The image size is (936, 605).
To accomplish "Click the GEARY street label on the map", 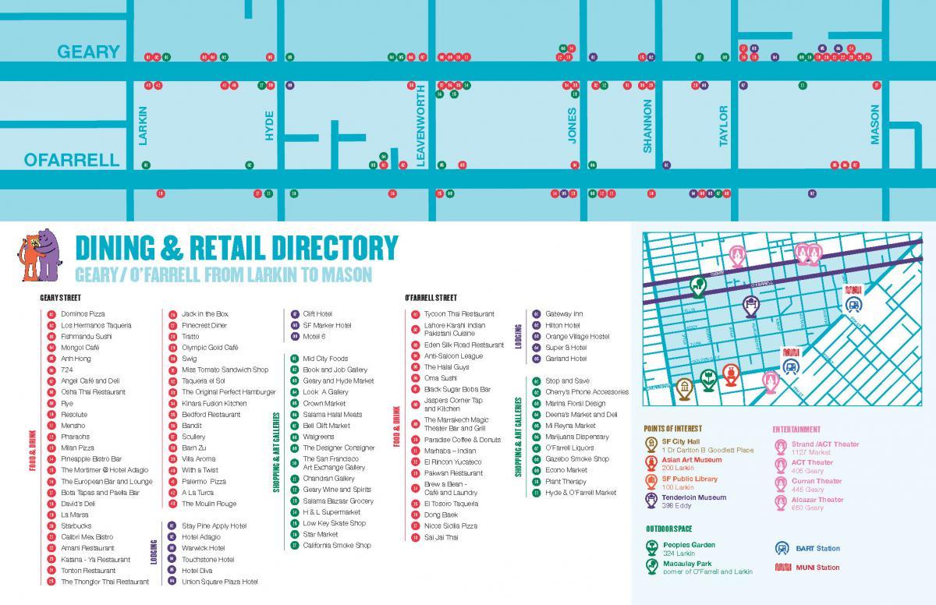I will [88, 52].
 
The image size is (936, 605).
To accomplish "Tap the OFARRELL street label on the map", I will [72, 161].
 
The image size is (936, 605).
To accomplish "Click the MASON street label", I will [874, 125].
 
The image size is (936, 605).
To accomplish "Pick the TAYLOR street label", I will [723, 126].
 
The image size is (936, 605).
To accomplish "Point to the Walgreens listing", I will [317, 437].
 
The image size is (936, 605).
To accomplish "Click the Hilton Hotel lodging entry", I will [562, 325].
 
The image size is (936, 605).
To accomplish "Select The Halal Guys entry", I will [446, 366].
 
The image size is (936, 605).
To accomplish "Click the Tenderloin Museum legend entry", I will [693, 497].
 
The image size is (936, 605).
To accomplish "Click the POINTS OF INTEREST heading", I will [672, 429].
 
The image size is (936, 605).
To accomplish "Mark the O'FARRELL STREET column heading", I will [431, 298].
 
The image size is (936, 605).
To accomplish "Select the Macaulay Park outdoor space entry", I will [687, 564].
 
